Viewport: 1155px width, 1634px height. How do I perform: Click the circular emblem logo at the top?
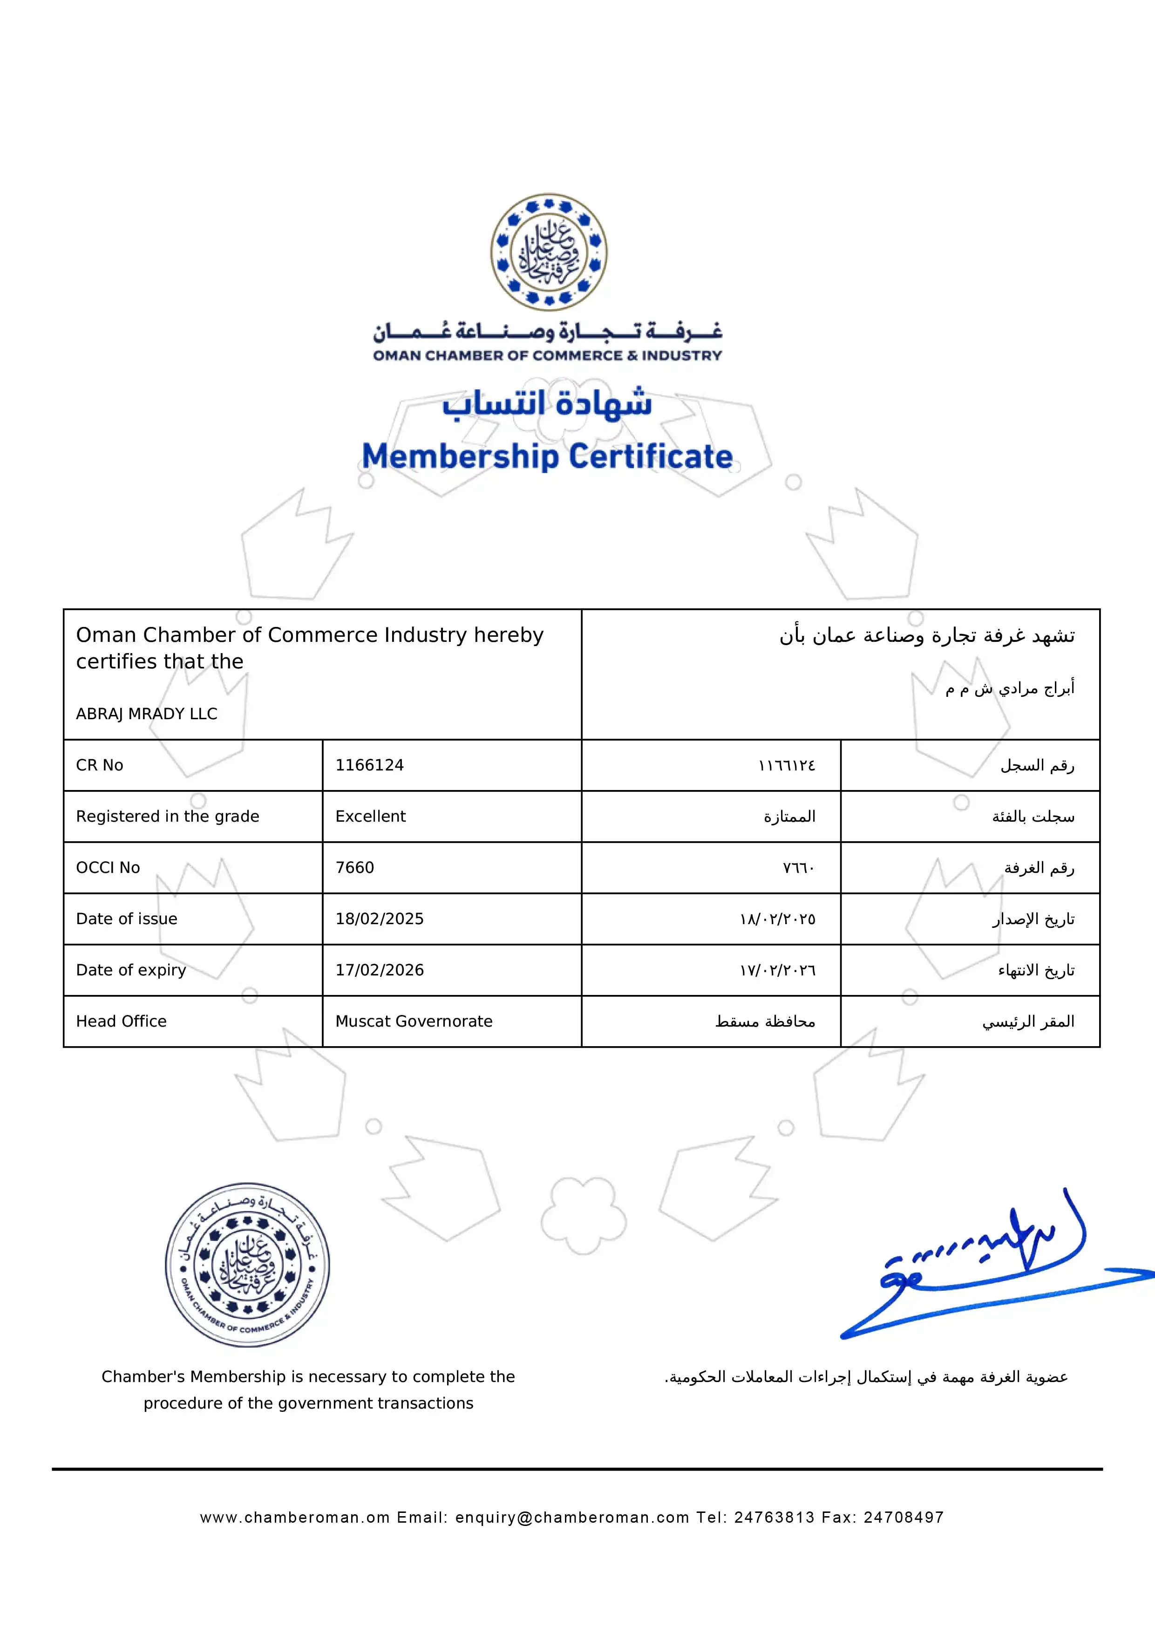coord(549,252)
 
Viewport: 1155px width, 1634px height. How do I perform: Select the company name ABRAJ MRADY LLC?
coord(147,714)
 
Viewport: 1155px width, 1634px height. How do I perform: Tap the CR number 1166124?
coord(369,765)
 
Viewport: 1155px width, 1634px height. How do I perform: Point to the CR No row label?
coord(100,765)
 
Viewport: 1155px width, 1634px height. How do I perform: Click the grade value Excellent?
coord(370,816)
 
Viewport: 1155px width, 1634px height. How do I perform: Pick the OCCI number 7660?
coord(354,867)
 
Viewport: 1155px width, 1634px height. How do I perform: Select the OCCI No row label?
coord(108,867)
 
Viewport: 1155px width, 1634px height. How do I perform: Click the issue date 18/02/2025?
coord(379,919)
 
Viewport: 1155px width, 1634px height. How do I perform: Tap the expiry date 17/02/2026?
coord(379,970)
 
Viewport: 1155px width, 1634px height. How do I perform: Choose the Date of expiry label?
coord(131,970)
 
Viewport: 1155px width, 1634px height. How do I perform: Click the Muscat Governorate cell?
coord(414,1021)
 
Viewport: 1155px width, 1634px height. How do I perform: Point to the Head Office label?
coord(121,1021)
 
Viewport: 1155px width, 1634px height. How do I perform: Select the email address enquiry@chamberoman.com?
coord(572,1517)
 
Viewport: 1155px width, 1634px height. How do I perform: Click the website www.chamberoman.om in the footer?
coord(295,1517)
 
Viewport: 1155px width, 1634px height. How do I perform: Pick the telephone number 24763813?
coord(775,1517)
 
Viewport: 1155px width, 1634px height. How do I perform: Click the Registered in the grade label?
coord(167,816)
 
